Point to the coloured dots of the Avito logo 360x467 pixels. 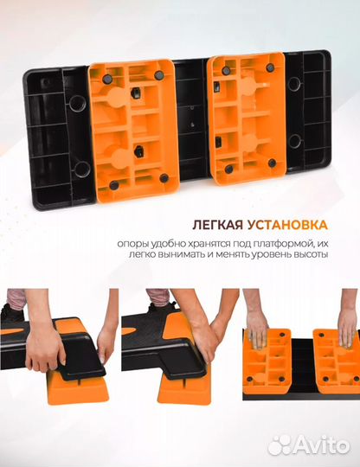[280, 445]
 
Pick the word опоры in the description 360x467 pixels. [135, 242]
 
